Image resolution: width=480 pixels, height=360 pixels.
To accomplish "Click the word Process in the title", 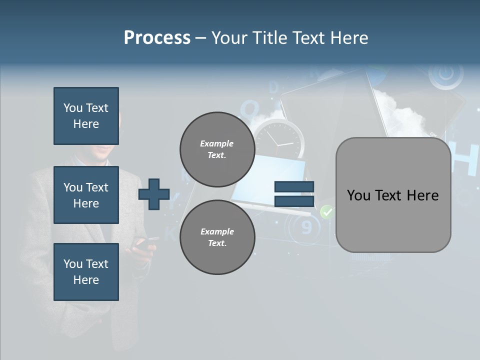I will coord(157,38).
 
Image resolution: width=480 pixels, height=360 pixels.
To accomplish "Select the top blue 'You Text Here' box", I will coord(86,116).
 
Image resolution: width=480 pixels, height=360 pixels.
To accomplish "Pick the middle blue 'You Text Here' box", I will coord(86,195).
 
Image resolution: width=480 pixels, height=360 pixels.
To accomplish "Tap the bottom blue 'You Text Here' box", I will coord(86,271).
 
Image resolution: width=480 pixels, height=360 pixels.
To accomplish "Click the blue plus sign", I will coord(154,193).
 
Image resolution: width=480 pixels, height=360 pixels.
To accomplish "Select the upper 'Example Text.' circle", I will coord(217,149).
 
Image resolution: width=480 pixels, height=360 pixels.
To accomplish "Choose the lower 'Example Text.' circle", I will coord(217,237).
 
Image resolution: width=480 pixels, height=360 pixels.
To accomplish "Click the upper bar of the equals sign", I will coord(294,187).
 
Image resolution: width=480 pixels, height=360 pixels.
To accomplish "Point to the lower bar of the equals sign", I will coord(294,201).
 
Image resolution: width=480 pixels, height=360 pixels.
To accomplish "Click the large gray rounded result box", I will coord(393,195).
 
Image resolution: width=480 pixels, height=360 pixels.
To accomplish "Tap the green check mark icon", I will coord(326,212).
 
